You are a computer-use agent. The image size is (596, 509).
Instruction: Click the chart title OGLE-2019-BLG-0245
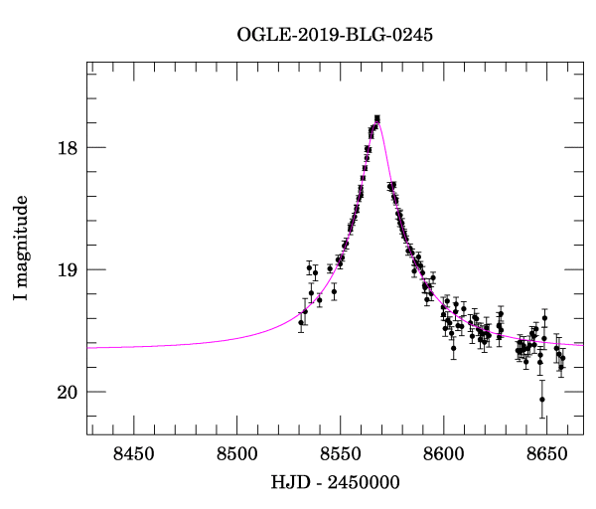point(335,35)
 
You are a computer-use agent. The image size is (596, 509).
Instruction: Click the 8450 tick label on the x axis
point(133,454)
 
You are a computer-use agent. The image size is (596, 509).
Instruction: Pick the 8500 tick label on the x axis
point(236,454)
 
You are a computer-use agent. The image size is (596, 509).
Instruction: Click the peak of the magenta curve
point(377,117)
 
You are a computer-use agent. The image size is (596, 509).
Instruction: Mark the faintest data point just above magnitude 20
point(542,400)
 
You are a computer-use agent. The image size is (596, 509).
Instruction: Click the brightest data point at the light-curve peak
point(377,119)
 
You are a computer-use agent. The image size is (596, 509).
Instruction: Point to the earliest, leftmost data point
point(301,322)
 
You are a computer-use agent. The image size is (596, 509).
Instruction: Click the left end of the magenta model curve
point(88,347)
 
